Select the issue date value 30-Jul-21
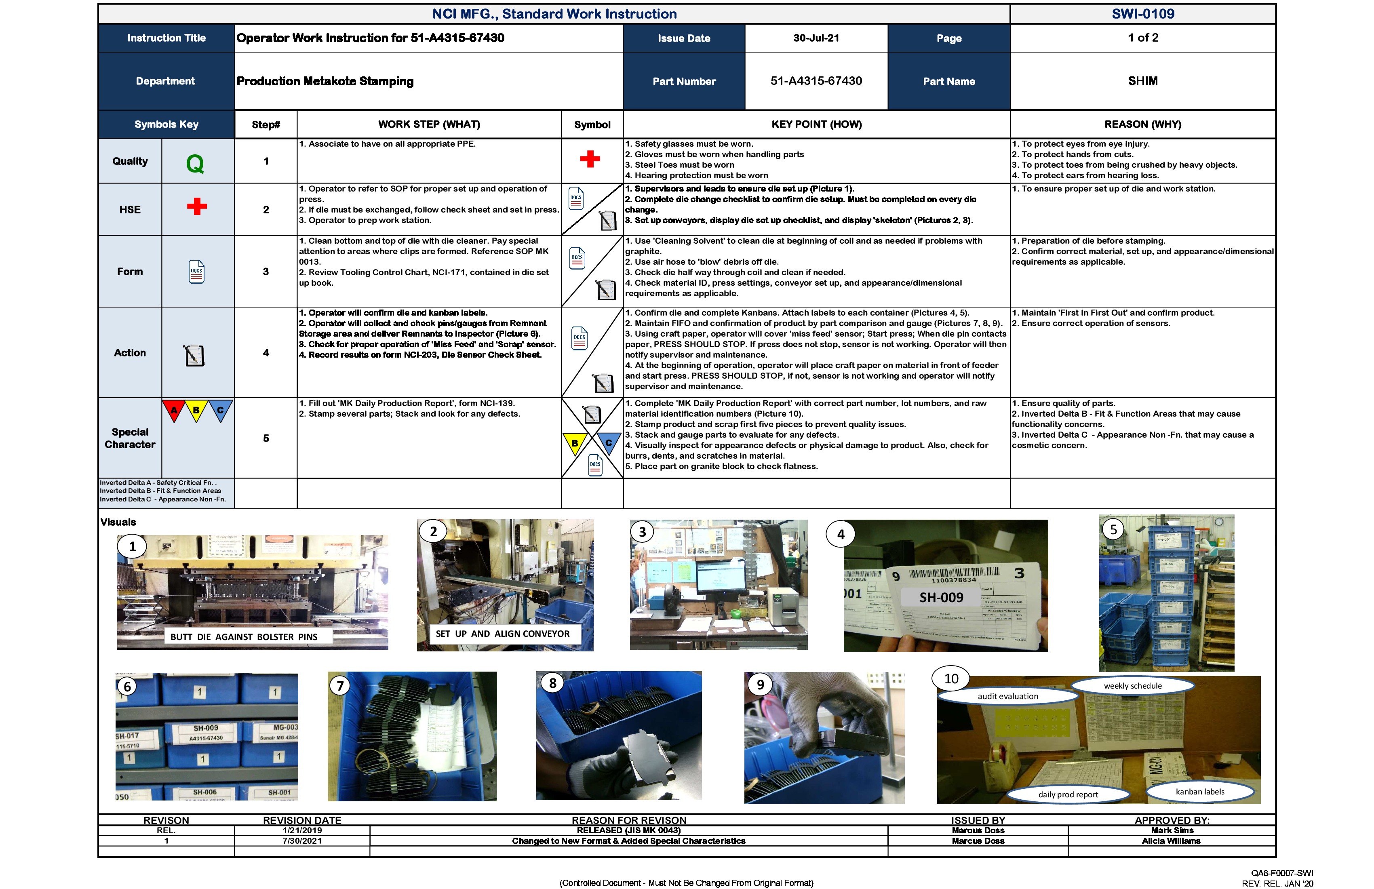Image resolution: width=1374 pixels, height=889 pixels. point(816,38)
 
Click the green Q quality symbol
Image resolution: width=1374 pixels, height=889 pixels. point(195,164)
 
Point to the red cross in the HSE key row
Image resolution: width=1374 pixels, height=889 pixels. point(197,206)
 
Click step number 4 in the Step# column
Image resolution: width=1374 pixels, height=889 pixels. point(266,353)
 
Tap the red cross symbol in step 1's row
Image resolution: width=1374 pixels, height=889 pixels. point(590,159)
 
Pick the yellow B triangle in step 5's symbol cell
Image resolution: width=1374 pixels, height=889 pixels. point(574,443)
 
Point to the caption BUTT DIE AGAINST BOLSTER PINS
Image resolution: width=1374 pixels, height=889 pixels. point(244,637)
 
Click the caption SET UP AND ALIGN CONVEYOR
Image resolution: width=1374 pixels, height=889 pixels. point(502,634)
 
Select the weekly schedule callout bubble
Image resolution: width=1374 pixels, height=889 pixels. point(1133,686)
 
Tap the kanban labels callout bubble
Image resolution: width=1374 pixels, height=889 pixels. point(1200,792)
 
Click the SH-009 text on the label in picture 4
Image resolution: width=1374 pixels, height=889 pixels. point(941,598)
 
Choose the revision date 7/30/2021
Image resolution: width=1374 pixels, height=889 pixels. point(302,841)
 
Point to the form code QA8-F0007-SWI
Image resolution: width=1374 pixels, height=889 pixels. point(1281,873)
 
